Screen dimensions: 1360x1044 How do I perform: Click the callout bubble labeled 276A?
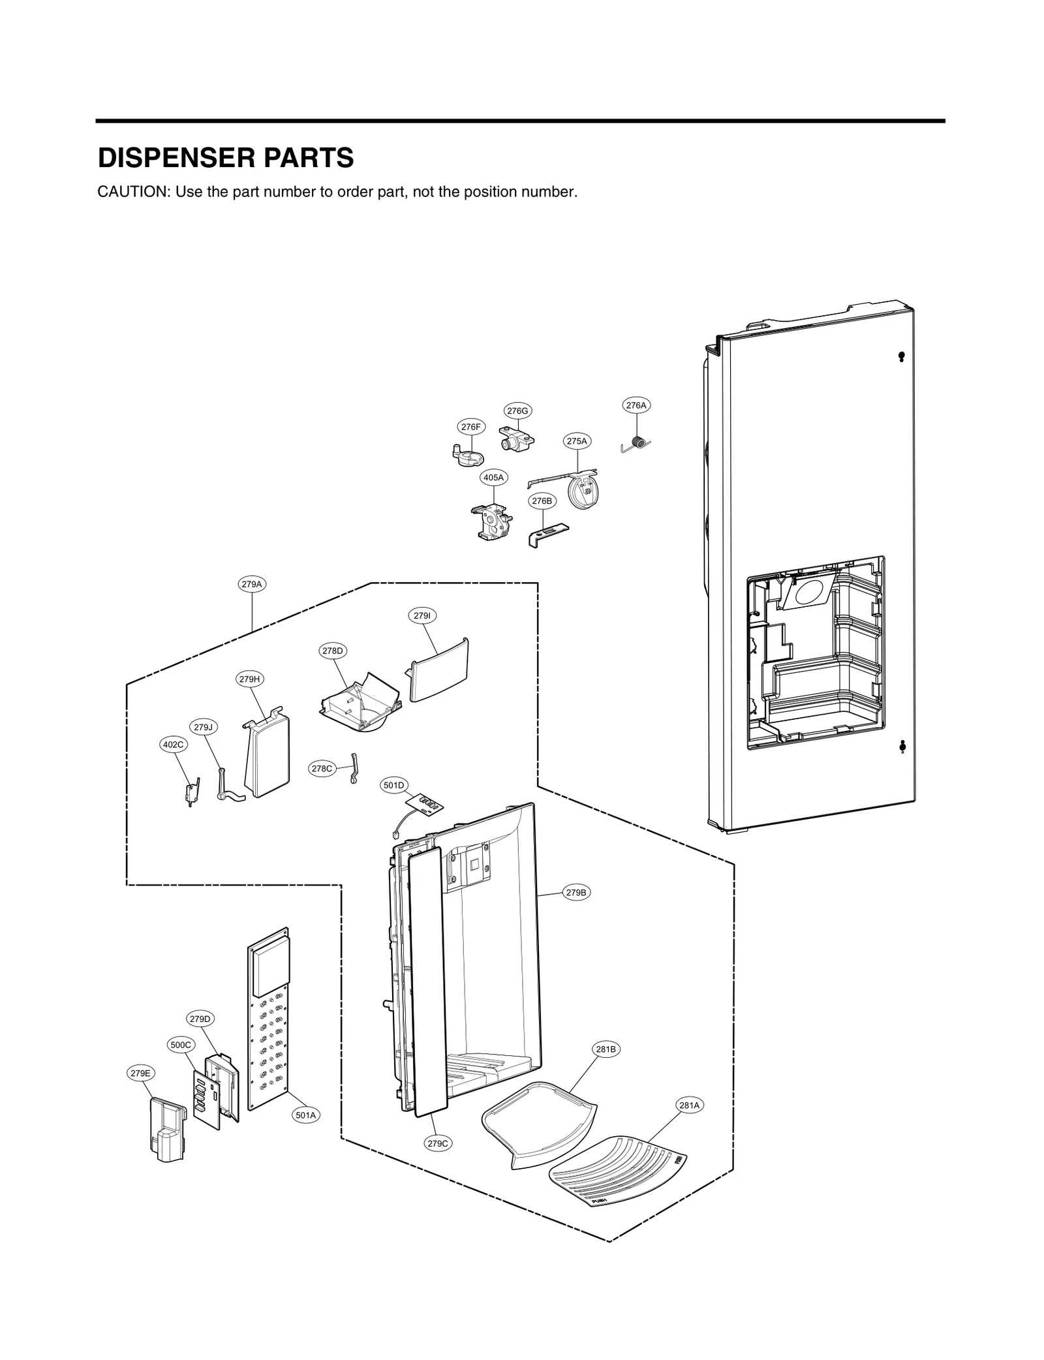[636, 405]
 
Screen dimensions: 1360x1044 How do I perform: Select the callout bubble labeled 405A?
[493, 478]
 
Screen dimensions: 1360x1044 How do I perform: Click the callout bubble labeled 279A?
[252, 584]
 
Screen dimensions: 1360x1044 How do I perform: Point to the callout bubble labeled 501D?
[393, 785]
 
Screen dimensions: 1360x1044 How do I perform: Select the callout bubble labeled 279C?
[438, 1143]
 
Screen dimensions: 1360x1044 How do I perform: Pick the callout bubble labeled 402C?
[174, 744]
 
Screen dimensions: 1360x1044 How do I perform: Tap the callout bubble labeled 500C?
[181, 1044]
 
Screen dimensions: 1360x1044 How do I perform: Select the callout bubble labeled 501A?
[305, 1115]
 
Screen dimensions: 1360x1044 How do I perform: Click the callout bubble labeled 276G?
[517, 410]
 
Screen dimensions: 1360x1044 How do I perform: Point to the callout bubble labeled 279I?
[422, 615]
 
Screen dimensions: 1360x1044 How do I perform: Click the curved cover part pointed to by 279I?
[439, 670]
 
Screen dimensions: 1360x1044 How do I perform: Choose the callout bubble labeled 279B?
[576, 893]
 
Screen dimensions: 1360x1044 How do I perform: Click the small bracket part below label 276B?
[547, 535]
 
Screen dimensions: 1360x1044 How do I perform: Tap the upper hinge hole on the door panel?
[901, 356]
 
